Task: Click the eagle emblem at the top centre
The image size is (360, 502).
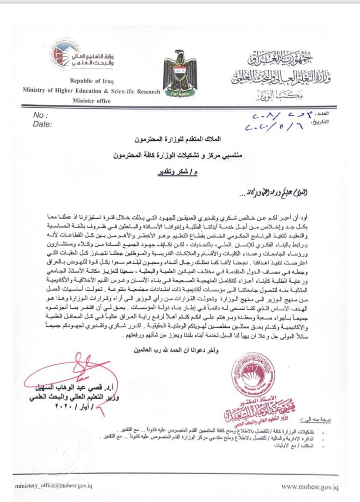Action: click(x=181, y=74)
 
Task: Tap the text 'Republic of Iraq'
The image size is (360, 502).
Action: click(x=91, y=80)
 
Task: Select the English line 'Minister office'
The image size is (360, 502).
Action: click(x=91, y=101)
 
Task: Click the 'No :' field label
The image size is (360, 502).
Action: click(x=40, y=116)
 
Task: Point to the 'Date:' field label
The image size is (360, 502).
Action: click(x=42, y=124)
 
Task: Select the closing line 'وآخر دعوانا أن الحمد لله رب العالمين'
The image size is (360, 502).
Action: click(x=176, y=350)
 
